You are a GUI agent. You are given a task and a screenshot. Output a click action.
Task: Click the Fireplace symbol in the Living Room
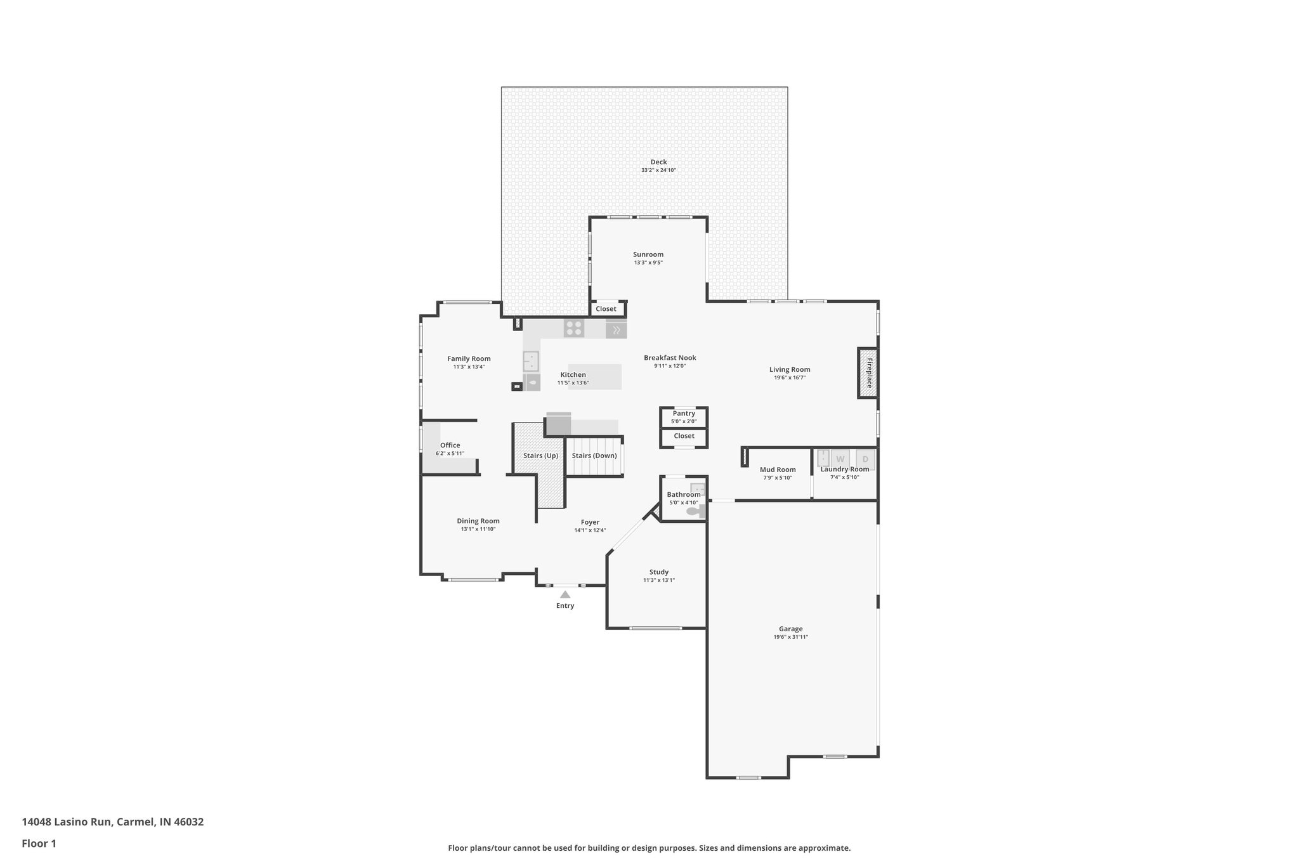[x=868, y=373]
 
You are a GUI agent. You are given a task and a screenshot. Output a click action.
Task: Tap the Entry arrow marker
[x=565, y=594]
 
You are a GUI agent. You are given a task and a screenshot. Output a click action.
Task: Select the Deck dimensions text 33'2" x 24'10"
[x=658, y=170]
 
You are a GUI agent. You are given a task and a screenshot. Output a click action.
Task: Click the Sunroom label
[x=648, y=254]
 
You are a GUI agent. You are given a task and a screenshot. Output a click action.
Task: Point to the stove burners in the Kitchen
[x=574, y=328]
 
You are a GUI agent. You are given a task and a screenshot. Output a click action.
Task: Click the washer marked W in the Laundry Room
[x=840, y=459]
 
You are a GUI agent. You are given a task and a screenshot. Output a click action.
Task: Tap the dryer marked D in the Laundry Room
[x=865, y=459]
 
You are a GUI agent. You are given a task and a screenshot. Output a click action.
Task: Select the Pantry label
[x=684, y=413]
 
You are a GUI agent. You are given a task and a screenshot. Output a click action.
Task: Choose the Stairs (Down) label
[x=594, y=456]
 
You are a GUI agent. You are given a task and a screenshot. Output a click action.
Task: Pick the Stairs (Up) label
[x=540, y=456]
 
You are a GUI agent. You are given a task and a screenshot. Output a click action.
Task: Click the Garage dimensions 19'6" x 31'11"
[x=790, y=637]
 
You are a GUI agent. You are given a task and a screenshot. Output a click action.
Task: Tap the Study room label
[x=658, y=572]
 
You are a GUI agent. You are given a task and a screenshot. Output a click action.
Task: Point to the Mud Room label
[x=778, y=469]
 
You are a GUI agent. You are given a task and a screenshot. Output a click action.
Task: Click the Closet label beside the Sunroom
[x=606, y=309]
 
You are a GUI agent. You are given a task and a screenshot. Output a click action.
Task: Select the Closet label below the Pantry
[x=684, y=436]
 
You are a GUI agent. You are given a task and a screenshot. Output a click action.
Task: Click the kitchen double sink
[x=531, y=361]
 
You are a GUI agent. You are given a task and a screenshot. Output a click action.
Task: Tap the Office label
[x=450, y=445]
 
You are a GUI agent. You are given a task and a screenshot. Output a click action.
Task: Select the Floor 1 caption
[x=39, y=843]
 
